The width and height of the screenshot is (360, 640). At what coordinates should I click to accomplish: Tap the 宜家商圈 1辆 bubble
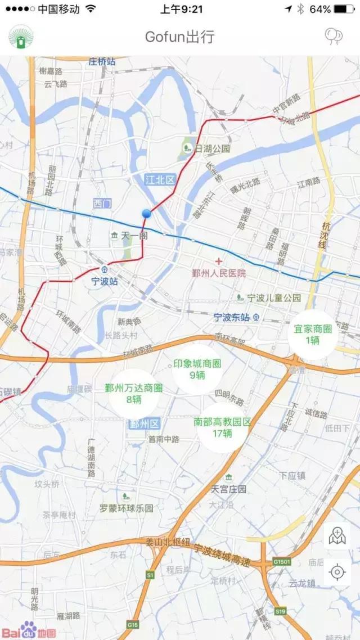pos(312,335)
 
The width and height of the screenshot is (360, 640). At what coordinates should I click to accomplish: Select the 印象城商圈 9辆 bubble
pos(196,369)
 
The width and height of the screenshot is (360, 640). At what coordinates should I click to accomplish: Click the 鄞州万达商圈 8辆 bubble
pos(134,394)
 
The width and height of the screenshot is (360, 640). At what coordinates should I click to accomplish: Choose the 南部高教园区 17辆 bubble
pos(222,427)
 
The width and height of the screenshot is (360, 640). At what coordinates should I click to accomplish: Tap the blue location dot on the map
pos(147,214)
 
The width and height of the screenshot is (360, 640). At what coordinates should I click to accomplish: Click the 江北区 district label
pos(160,179)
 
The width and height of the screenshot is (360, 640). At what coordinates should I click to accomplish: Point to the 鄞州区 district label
pos(145,423)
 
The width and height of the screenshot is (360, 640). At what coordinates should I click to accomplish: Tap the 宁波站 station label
pos(105,281)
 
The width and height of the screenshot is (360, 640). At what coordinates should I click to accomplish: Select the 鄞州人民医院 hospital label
pos(219,273)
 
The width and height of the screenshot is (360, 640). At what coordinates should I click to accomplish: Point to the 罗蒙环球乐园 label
pos(127,508)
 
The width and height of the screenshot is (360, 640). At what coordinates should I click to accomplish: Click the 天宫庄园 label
pos(228,489)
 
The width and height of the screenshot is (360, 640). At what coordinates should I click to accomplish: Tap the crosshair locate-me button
pos(337,572)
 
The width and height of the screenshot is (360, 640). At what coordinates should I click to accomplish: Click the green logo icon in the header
pos(20,37)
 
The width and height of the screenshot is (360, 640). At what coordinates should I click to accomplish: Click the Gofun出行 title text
pos(179,37)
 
